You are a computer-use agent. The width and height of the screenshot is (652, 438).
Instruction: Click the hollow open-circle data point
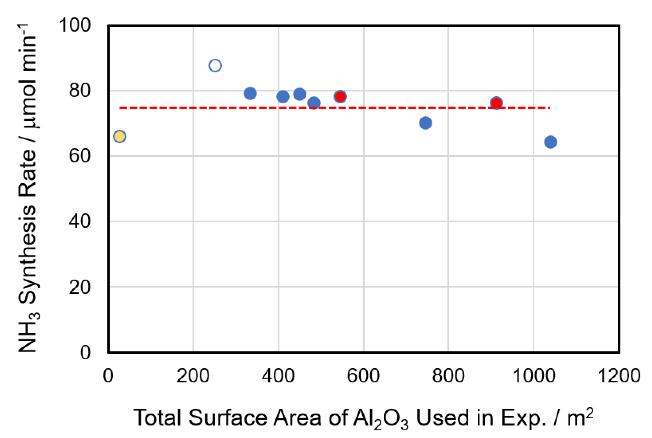[x=215, y=66]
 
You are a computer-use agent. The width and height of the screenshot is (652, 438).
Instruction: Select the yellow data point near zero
[x=120, y=137]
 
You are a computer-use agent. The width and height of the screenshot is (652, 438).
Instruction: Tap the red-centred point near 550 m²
[x=340, y=97]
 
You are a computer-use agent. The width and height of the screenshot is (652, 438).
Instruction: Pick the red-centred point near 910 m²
[x=496, y=103]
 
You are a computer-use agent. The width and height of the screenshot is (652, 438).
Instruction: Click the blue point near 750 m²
[x=425, y=123]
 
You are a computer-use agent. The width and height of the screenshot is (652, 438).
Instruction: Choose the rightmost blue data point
[x=550, y=142]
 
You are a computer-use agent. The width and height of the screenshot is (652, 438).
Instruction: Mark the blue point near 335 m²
[x=250, y=93]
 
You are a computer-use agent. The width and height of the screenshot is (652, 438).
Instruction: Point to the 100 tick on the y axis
[x=75, y=25]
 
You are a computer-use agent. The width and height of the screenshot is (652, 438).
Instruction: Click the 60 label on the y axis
[x=80, y=156]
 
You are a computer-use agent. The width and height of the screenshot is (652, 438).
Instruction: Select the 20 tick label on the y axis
[x=80, y=287]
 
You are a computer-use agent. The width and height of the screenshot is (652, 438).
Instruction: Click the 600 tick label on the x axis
[x=363, y=376]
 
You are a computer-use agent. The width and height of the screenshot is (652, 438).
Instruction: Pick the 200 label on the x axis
[x=193, y=376]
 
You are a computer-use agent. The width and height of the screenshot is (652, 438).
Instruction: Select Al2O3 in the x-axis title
[x=380, y=419]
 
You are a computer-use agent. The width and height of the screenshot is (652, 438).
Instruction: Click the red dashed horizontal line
[x=390, y=108]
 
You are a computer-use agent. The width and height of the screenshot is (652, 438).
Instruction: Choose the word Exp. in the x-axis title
[x=524, y=418]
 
